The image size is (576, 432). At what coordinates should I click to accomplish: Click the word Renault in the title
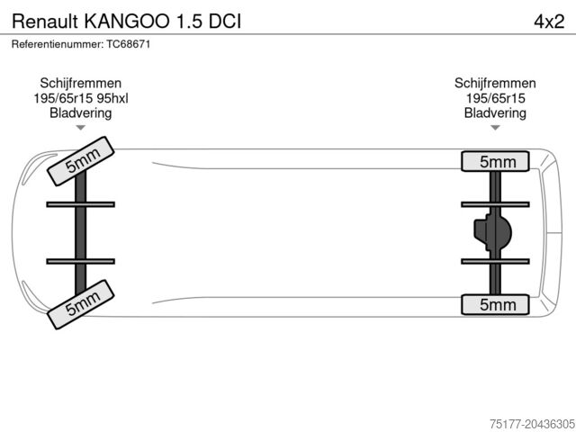tap(45, 22)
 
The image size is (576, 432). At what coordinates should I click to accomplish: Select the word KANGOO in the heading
tap(127, 22)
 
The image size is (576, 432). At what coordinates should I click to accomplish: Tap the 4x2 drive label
tap(549, 22)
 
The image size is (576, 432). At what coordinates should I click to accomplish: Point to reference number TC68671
tap(128, 44)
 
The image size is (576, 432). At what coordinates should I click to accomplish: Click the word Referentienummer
tap(58, 44)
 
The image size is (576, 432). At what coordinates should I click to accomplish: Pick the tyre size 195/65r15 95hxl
tap(81, 98)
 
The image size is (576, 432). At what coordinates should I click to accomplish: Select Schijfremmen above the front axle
tap(81, 84)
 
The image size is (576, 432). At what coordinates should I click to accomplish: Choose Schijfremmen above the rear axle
tap(495, 84)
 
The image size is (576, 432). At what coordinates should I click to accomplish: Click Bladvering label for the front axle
tap(81, 113)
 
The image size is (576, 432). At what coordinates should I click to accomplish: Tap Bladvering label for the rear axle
tap(495, 113)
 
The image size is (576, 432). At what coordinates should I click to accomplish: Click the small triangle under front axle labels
tap(81, 128)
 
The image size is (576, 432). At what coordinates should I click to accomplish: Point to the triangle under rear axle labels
tap(495, 128)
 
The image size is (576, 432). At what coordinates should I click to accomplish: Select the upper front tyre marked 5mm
tap(81, 161)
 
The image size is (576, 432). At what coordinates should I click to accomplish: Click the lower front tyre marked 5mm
tap(81, 304)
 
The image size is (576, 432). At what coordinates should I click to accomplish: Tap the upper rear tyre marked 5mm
tap(495, 161)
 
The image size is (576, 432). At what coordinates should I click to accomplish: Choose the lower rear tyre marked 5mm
tap(495, 304)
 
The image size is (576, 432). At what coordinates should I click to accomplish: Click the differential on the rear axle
tap(492, 232)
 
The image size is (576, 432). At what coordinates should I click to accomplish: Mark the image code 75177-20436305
tap(532, 424)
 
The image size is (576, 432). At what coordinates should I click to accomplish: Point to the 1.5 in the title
tap(189, 22)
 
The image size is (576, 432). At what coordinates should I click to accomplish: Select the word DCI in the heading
tap(225, 22)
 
